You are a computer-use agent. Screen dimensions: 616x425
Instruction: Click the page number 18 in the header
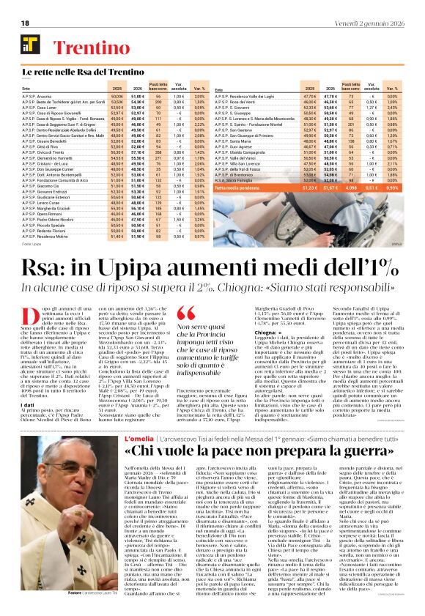click(x=25, y=24)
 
